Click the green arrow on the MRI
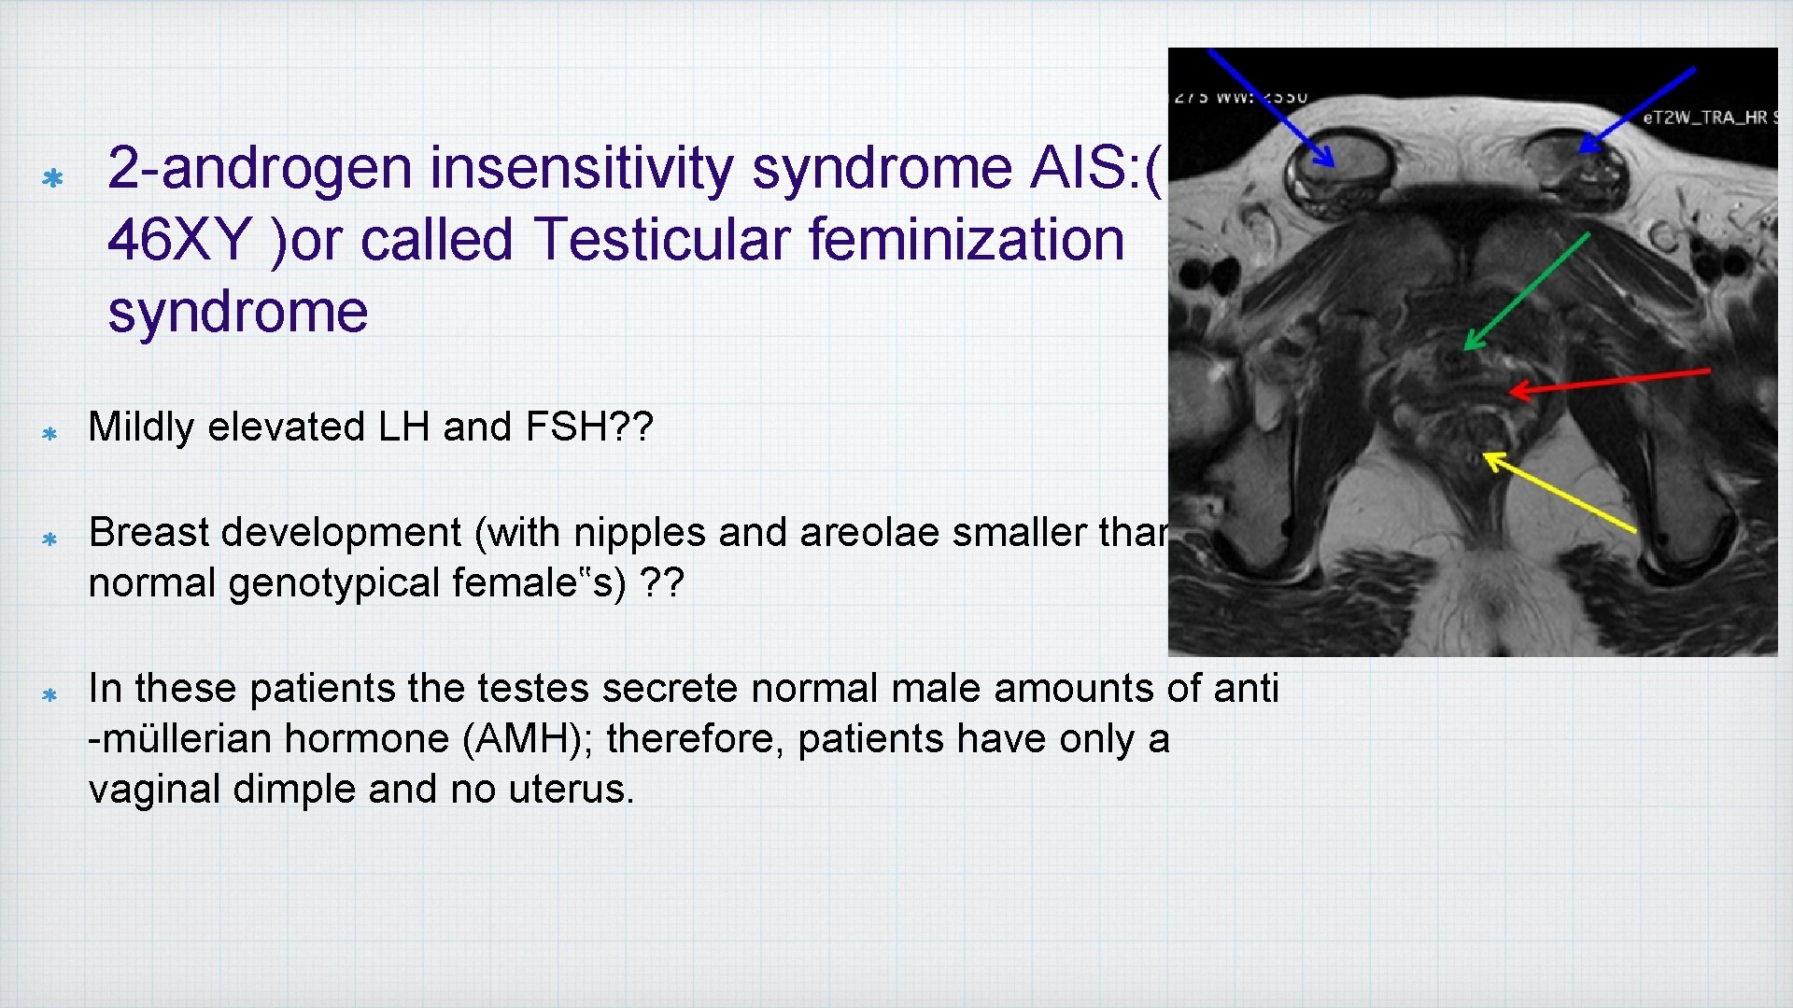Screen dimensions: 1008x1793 pos(1525,292)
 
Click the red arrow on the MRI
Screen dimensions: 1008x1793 pos(1609,381)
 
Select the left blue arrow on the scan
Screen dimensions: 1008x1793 pos(1270,106)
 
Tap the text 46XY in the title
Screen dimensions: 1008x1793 pos(177,240)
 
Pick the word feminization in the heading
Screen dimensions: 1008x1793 pos(966,240)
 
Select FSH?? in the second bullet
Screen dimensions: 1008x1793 pos(588,427)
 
